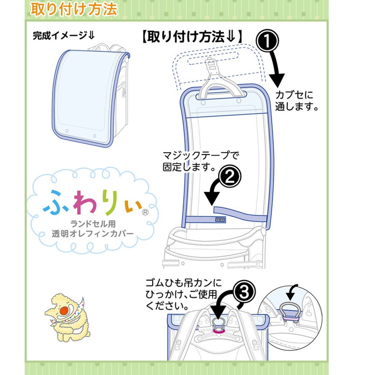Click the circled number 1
(267, 41)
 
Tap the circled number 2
(230, 177)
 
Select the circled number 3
(244, 292)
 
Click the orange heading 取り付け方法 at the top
(74, 9)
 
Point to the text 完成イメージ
(64, 36)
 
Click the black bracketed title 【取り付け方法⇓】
(192, 37)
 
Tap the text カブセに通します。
(297, 101)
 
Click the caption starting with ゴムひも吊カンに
(184, 294)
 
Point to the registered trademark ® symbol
(145, 212)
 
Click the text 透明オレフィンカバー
(93, 234)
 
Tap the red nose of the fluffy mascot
(65, 311)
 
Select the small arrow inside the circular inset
(291, 292)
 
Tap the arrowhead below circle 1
(277, 80)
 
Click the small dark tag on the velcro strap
(220, 219)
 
